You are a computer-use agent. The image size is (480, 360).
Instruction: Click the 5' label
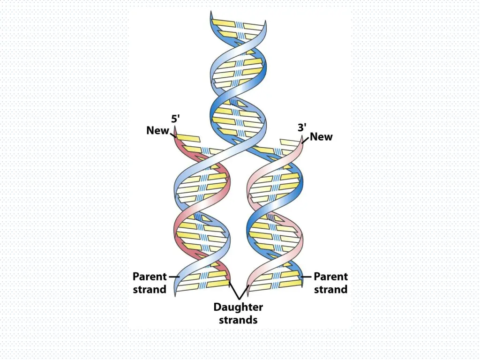tap(175, 119)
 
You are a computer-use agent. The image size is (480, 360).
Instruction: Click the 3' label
tap(302, 127)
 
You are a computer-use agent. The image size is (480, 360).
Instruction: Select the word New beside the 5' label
tap(157, 130)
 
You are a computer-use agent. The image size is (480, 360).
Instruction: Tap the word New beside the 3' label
tap(321, 137)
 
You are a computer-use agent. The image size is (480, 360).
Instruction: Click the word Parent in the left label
tap(150, 277)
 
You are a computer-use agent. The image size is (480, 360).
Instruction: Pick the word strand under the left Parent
tap(150, 289)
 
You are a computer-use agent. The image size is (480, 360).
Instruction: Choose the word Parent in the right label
tap(330, 277)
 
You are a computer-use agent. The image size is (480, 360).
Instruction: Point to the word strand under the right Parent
tap(330, 289)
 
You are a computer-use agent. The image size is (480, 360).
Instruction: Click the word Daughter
tap(238, 307)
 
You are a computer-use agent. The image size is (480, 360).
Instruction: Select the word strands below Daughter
tap(238, 320)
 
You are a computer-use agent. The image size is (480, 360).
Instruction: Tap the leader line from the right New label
tap(306, 139)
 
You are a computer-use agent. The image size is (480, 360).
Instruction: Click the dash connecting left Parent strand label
tap(174, 277)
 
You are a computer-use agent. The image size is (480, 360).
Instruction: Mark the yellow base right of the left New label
tap(188, 138)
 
